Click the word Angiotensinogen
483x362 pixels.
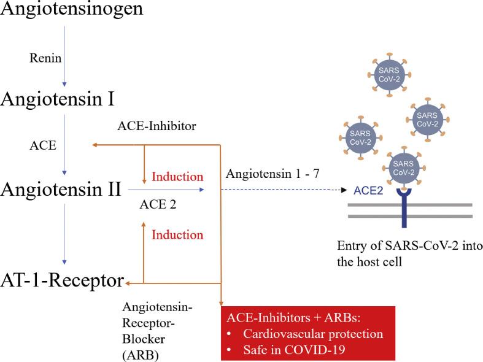(72, 9)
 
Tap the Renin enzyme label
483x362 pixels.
(45, 58)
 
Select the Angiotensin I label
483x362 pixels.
(58, 99)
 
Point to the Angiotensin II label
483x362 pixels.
(61, 189)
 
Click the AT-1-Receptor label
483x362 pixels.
(62, 281)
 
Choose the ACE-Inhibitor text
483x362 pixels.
(156, 126)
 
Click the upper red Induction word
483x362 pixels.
(177, 177)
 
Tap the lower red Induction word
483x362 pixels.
(177, 235)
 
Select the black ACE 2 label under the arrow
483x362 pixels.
(158, 204)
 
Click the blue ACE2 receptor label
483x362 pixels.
(368, 191)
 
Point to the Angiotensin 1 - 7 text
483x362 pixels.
(272, 174)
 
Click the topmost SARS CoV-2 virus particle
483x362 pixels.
(389, 74)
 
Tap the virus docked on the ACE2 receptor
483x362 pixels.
(404, 168)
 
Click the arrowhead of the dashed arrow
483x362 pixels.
(344, 190)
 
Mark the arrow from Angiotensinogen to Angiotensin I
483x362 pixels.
(64, 56)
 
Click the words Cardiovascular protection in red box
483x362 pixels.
(313, 334)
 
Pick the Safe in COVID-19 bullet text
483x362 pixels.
(294, 350)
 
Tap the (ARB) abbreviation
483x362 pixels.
(141, 356)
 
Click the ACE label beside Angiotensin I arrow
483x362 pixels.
(43, 145)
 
